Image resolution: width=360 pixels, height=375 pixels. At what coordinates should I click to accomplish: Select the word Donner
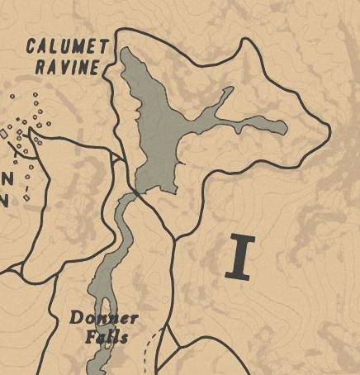(104, 318)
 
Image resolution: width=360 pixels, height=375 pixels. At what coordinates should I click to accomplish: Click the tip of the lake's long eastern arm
(285, 127)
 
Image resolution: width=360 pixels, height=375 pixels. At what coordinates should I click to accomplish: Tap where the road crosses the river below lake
(132, 194)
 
